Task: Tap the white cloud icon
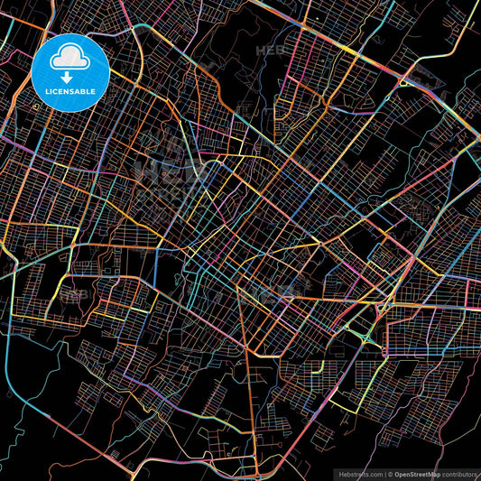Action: tap(70, 59)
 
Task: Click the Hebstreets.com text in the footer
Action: tap(359, 473)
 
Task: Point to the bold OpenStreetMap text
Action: tap(416, 473)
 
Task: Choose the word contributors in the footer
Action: tap(459, 473)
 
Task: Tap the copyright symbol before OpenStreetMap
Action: tap(391, 473)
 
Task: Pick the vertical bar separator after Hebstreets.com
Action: tap(384, 473)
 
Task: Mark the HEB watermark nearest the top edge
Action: tap(272, 51)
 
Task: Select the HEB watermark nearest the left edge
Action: tap(79, 293)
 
